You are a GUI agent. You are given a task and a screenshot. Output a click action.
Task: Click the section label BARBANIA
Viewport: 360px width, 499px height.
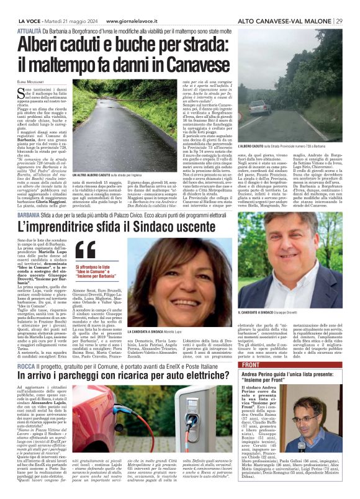(x=29, y=213)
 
